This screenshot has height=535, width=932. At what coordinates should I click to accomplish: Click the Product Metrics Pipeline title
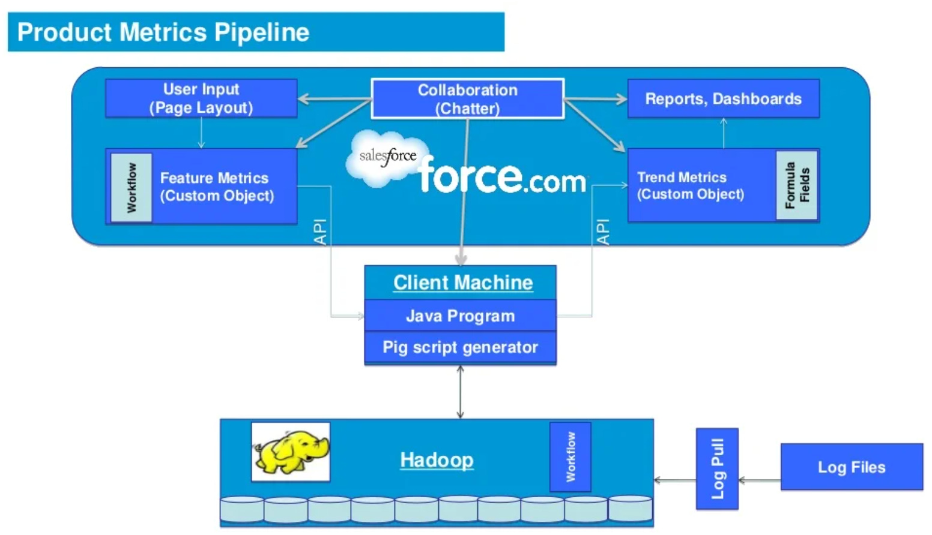click(163, 32)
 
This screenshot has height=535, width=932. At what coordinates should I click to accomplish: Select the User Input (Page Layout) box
click(201, 98)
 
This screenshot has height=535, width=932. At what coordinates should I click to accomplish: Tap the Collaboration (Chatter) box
click(467, 99)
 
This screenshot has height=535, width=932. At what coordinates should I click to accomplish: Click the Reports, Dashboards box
click(723, 99)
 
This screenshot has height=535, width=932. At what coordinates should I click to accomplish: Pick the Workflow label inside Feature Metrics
click(132, 188)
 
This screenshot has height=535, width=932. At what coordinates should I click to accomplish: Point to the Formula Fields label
click(797, 185)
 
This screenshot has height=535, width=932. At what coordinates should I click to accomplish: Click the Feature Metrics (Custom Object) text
click(217, 187)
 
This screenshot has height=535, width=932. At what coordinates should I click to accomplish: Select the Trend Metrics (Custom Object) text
click(691, 186)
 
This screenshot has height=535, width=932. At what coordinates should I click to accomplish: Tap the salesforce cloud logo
click(386, 157)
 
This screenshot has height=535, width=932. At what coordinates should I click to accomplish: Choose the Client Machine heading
click(462, 282)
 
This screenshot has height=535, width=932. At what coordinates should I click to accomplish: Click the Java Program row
click(460, 316)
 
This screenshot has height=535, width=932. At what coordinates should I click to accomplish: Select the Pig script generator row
click(460, 347)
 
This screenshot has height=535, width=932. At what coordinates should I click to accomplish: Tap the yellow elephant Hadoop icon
click(291, 452)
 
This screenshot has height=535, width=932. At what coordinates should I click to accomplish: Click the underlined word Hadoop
click(437, 460)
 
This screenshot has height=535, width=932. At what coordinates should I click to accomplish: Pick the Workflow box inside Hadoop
click(570, 457)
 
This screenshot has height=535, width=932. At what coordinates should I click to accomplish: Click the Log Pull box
click(717, 469)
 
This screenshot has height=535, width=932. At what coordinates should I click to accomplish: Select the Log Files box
click(851, 467)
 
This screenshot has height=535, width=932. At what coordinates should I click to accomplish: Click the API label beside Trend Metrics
click(602, 232)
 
